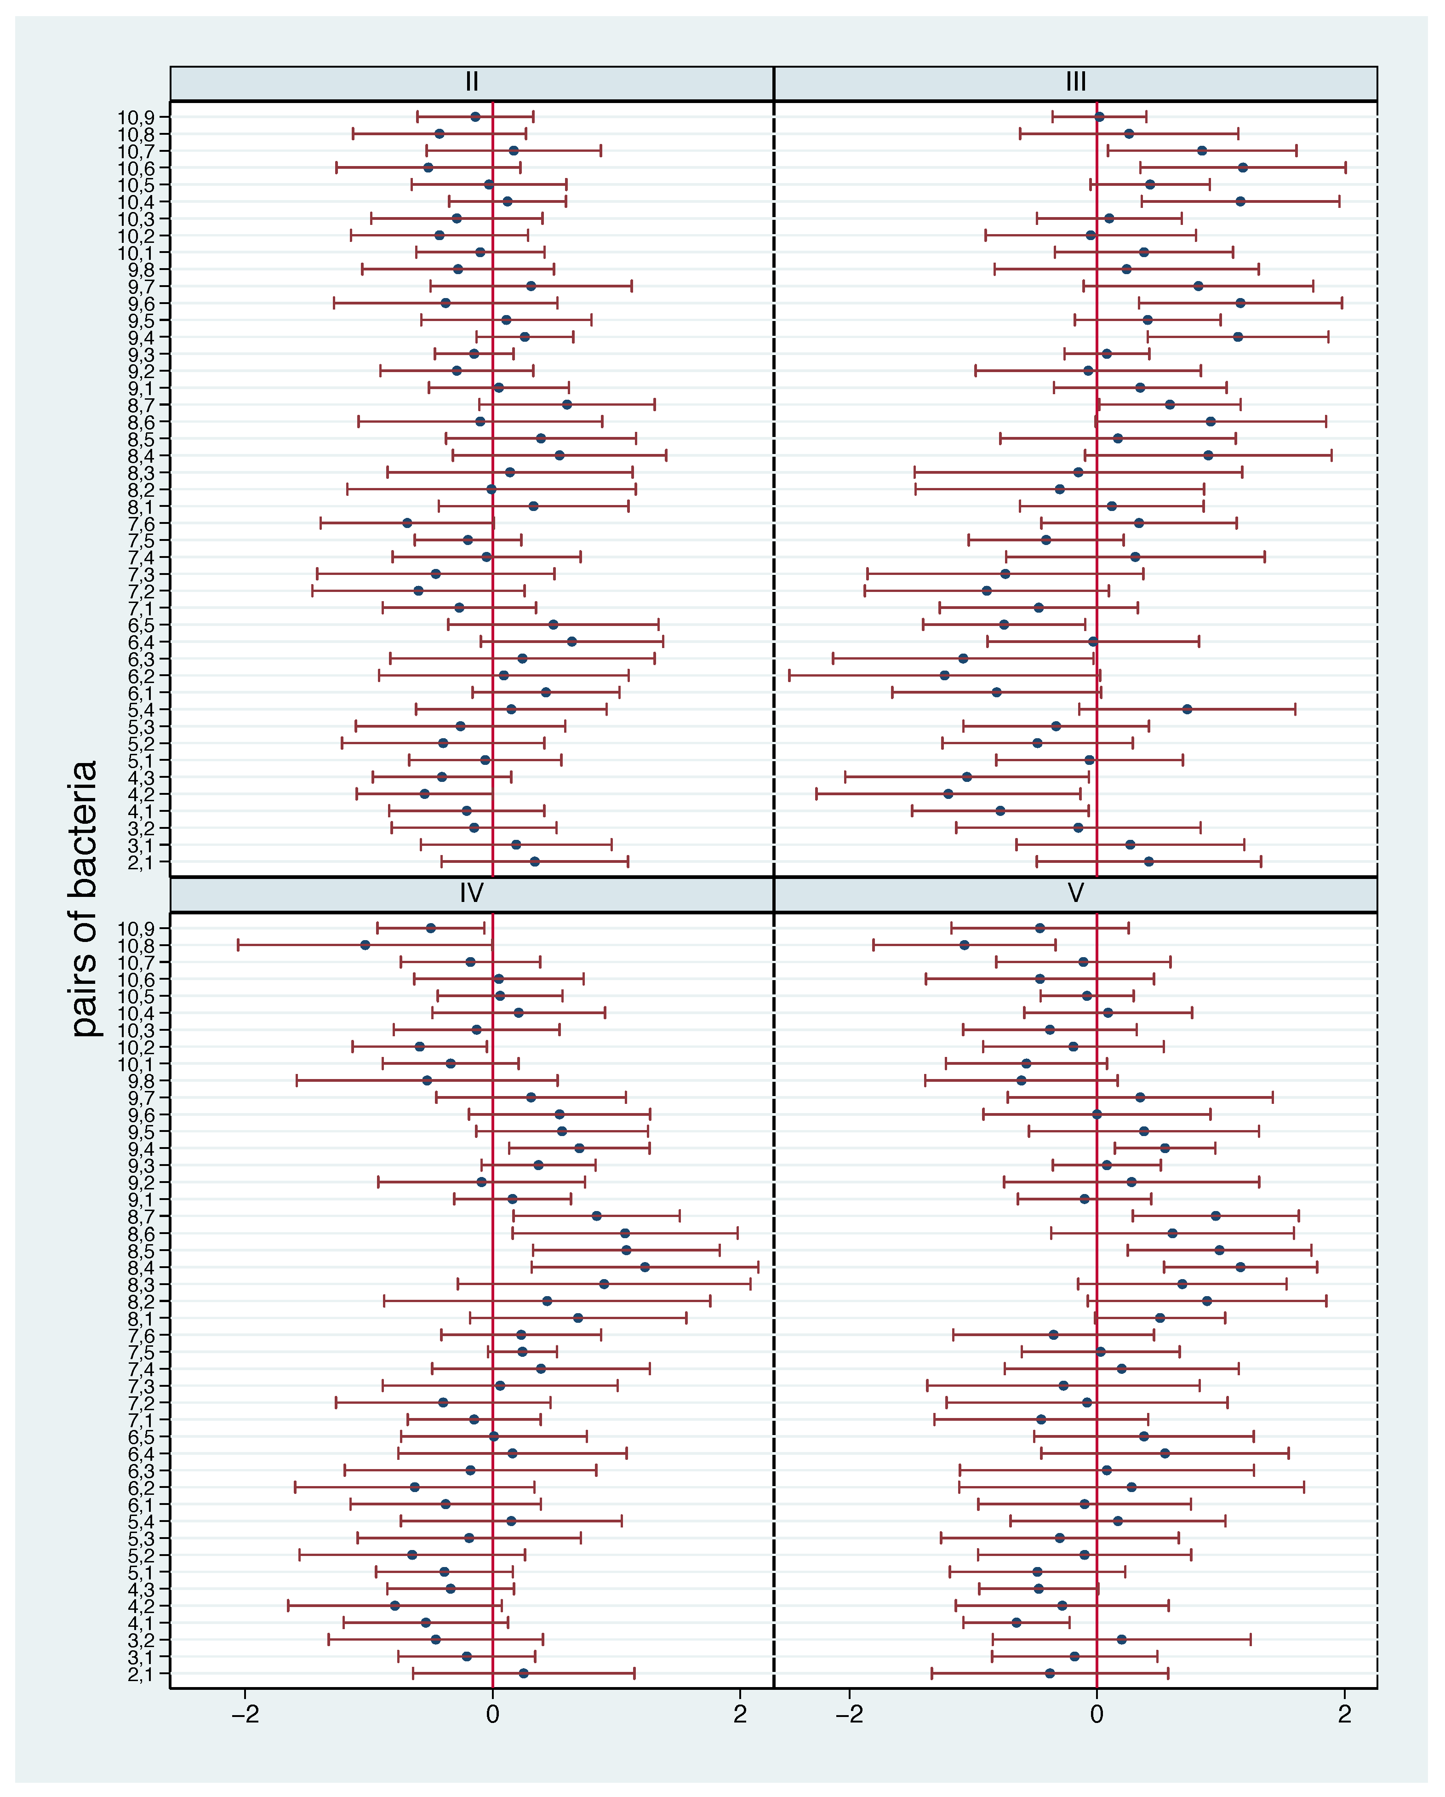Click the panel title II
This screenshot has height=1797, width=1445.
coord(472,82)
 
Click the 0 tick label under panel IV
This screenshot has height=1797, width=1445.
coord(492,1715)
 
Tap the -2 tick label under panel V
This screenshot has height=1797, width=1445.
coord(849,1715)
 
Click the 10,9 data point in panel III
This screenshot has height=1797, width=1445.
coord(1099,117)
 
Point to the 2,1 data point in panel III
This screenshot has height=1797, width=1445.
coord(1148,861)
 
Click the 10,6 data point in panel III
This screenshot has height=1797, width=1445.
coord(1243,167)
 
